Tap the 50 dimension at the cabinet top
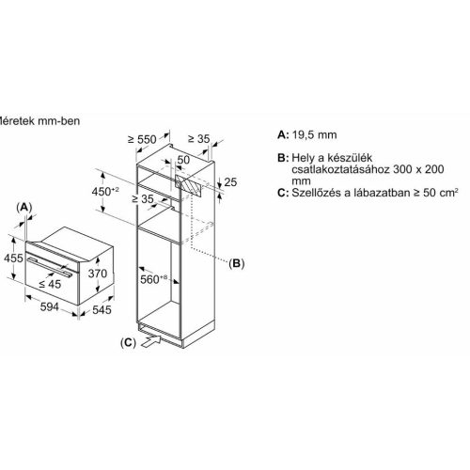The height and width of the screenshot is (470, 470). coord(185,161)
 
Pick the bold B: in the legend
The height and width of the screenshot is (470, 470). coord(283,162)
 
